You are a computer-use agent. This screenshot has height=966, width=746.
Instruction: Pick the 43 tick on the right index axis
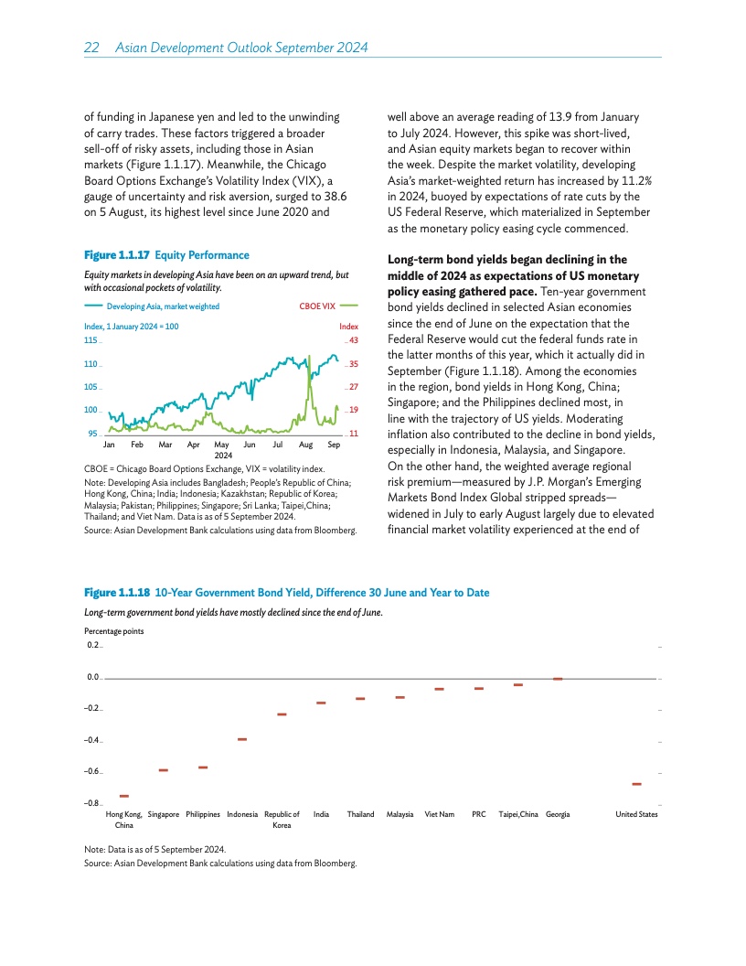click(x=352, y=340)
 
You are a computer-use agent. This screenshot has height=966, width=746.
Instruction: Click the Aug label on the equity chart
click(x=305, y=444)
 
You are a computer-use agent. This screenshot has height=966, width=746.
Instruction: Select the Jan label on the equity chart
click(x=109, y=444)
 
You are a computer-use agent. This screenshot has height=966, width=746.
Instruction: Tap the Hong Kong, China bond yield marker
click(x=124, y=797)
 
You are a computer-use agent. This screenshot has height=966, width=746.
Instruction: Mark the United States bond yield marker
click(x=636, y=784)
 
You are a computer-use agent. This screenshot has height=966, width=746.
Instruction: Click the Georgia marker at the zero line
click(x=558, y=679)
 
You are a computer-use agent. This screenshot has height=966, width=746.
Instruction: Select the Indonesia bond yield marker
click(x=242, y=739)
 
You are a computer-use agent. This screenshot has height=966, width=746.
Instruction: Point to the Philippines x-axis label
click(x=203, y=814)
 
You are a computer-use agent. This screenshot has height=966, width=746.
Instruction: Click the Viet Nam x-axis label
click(x=440, y=814)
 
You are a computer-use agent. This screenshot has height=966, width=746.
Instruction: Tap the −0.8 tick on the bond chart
click(x=92, y=803)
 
